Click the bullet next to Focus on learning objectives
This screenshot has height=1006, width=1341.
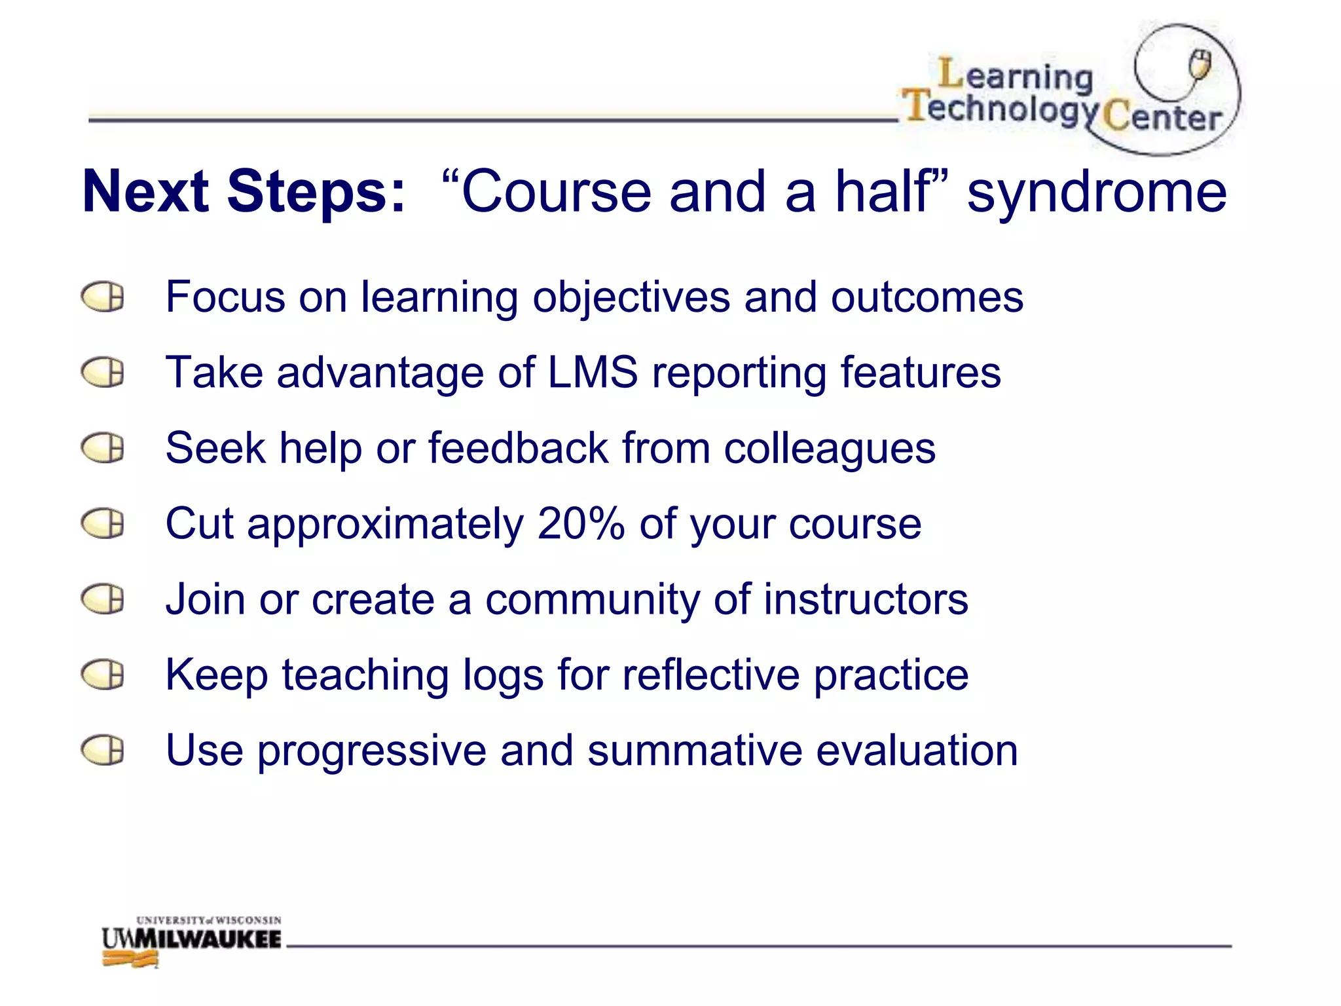pos(103,297)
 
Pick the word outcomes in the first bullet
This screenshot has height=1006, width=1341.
pos(927,297)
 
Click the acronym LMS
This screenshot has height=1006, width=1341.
pos(593,372)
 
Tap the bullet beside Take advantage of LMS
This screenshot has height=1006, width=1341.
pos(103,373)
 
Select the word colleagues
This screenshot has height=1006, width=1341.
pos(830,449)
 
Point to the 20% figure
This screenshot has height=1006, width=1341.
pos(581,524)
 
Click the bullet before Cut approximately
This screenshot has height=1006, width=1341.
pos(103,524)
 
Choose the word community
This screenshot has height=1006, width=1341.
pos(592,600)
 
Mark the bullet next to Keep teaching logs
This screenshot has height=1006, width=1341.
pos(103,675)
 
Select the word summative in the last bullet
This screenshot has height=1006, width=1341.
pos(694,751)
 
